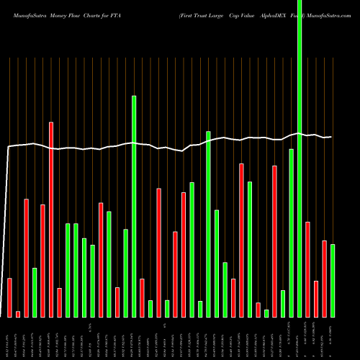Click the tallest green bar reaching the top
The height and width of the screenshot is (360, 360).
point(300,158)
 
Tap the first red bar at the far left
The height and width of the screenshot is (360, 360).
point(9,297)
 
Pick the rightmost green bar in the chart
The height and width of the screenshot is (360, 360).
point(333,281)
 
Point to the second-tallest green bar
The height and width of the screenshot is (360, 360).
point(134,206)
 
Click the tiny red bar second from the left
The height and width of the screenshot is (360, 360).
point(18,314)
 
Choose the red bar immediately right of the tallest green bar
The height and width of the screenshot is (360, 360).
point(307,269)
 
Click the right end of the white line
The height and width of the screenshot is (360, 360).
point(330,137)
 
